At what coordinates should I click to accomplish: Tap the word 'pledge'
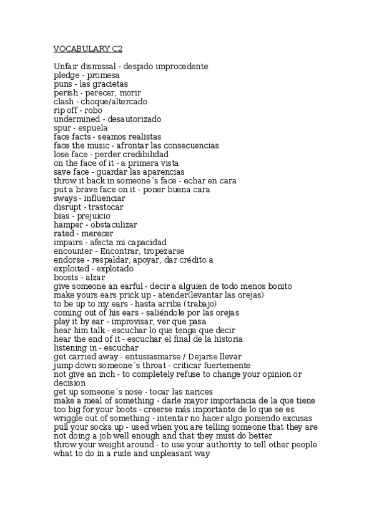(x=67, y=75)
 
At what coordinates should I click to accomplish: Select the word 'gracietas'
(x=111, y=84)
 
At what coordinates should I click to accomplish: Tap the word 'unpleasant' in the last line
(x=174, y=454)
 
